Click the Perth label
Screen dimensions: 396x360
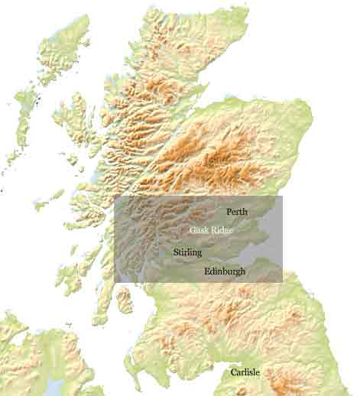[x=237, y=211]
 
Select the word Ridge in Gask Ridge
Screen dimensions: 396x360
[x=222, y=229]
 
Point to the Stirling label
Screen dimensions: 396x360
[x=187, y=252]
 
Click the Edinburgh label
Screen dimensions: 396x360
[x=225, y=271]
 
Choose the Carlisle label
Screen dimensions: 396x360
[x=245, y=372]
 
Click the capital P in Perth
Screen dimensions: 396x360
[x=229, y=211]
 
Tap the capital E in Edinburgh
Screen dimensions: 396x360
[x=207, y=271]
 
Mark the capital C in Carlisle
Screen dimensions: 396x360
[x=234, y=372]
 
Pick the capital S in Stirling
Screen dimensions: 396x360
[x=176, y=252]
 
